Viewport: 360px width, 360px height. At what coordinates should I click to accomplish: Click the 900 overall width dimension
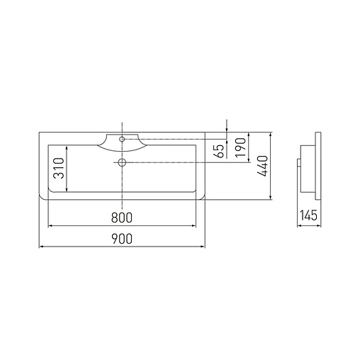122,239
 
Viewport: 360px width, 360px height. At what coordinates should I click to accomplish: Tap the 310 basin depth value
59,168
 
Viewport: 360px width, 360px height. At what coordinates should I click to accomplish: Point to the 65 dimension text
219,150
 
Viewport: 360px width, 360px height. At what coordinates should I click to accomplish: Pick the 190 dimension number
241,147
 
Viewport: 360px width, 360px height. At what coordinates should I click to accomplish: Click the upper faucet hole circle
123,140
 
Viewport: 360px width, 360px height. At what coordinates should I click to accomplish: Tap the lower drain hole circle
123,163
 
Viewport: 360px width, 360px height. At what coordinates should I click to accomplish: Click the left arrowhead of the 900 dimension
40,247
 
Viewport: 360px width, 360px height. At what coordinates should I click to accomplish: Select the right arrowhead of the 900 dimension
203,247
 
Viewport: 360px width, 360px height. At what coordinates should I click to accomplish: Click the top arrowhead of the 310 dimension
66,147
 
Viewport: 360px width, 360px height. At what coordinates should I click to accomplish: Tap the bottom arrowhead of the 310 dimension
66,191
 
